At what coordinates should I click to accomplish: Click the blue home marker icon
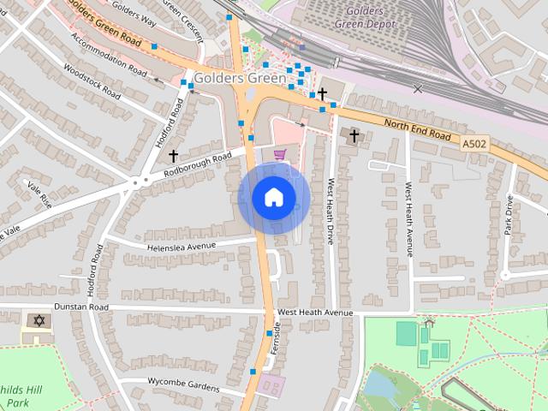point(274,198)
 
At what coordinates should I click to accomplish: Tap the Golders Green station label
point(240,78)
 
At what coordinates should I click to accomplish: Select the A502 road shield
point(474,146)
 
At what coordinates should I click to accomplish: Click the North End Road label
point(417,130)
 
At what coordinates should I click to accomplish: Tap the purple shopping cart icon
point(279,154)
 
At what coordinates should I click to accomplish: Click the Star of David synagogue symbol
point(37,320)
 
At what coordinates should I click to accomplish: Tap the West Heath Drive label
point(330,211)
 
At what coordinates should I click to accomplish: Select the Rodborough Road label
point(199,166)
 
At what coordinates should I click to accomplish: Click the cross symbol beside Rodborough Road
point(173,156)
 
